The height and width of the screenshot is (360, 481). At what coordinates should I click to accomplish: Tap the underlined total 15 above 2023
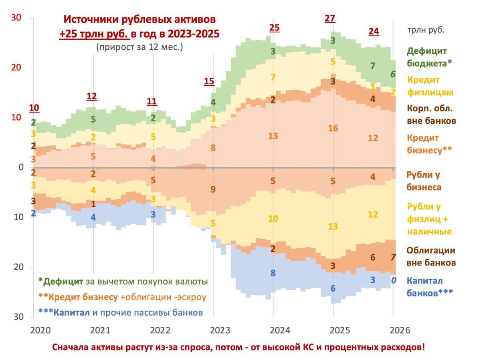(209, 81)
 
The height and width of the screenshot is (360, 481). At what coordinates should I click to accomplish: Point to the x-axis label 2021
(100, 330)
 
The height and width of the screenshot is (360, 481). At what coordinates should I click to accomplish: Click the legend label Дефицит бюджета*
(426, 57)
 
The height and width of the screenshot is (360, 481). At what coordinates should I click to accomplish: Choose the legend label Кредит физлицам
(430, 86)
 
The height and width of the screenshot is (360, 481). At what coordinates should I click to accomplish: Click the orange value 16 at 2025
(333, 129)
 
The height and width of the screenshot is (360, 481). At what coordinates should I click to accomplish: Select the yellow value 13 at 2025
(333, 226)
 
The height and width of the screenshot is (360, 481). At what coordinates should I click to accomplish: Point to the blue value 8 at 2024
(273, 274)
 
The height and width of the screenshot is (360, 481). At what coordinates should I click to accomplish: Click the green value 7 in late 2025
(373, 66)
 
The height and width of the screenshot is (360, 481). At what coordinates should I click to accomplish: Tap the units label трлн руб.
(426, 29)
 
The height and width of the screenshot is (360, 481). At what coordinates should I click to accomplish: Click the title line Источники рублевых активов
(140, 19)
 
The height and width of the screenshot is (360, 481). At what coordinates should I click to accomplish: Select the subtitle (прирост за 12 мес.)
(139, 47)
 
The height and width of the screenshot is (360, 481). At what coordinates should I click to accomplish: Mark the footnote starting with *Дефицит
(123, 281)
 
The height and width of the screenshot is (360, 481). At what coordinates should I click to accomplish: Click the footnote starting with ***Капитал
(120, 312)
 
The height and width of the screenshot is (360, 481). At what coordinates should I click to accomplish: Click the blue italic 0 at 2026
(394, 280)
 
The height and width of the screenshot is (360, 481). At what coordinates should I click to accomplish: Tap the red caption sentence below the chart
(238, 347)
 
